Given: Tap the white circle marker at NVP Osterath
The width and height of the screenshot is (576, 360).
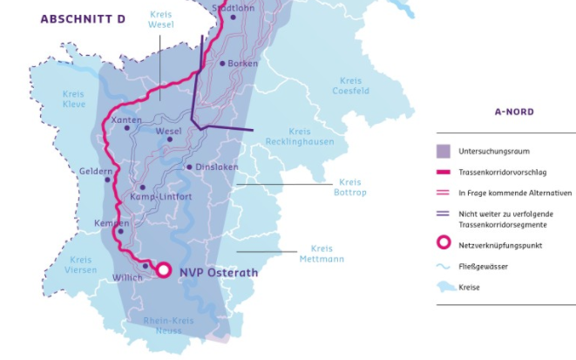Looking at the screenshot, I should coord(163,270).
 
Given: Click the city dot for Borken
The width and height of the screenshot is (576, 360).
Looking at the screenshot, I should coord(222,64).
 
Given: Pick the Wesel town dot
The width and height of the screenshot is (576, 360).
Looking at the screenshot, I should coord(171,139).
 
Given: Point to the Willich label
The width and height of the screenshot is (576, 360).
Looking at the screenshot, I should coord(127,279).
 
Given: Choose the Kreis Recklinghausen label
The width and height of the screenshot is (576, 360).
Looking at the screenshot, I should coord(299,136).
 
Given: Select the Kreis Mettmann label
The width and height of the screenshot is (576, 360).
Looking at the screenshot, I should coord(321,254).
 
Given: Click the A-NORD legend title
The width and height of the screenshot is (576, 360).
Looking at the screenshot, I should coord(513,112).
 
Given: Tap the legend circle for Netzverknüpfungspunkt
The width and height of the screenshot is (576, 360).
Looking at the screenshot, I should coord(443,246).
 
